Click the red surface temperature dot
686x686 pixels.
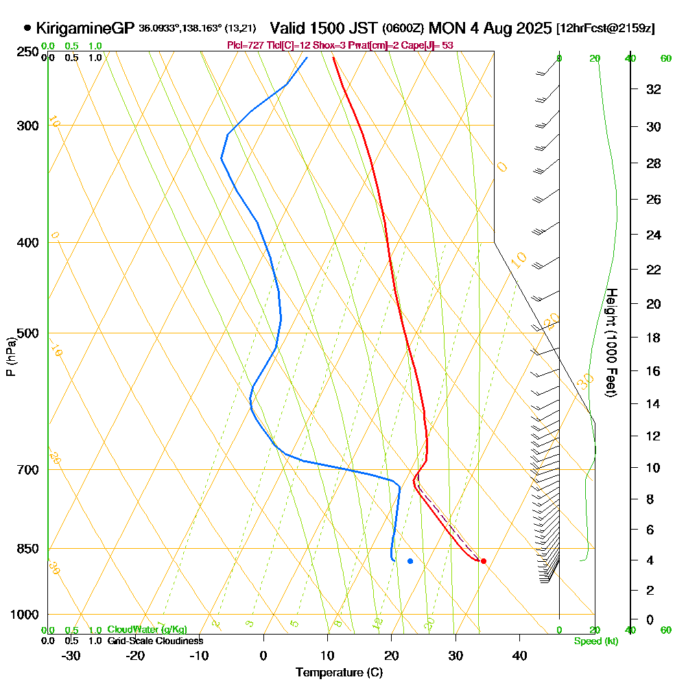click(484, 561)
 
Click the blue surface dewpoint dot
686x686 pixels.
click(410, 561)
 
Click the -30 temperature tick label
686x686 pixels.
click(71, 656)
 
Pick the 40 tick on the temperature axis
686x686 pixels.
click(519, 656)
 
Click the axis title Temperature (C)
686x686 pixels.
click(339, 673)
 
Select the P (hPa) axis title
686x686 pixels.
click(11, 357)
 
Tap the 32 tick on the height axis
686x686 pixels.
click(653, 89)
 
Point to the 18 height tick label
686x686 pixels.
click(653, 338)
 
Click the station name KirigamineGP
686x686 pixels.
click(85, 28)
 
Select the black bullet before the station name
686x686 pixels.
click(27, 28)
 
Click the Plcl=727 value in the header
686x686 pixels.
click(244, 45)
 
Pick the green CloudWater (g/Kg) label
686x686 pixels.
click(147, 630)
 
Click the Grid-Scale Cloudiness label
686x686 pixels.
click(154, 641)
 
